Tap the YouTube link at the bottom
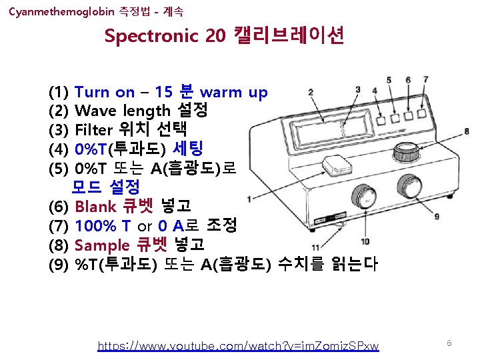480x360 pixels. (238, 345)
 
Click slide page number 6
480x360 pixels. (449, 343)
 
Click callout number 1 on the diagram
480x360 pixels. (249, 198)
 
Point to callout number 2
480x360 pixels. (311, 93)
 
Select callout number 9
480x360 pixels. (437, 216)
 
